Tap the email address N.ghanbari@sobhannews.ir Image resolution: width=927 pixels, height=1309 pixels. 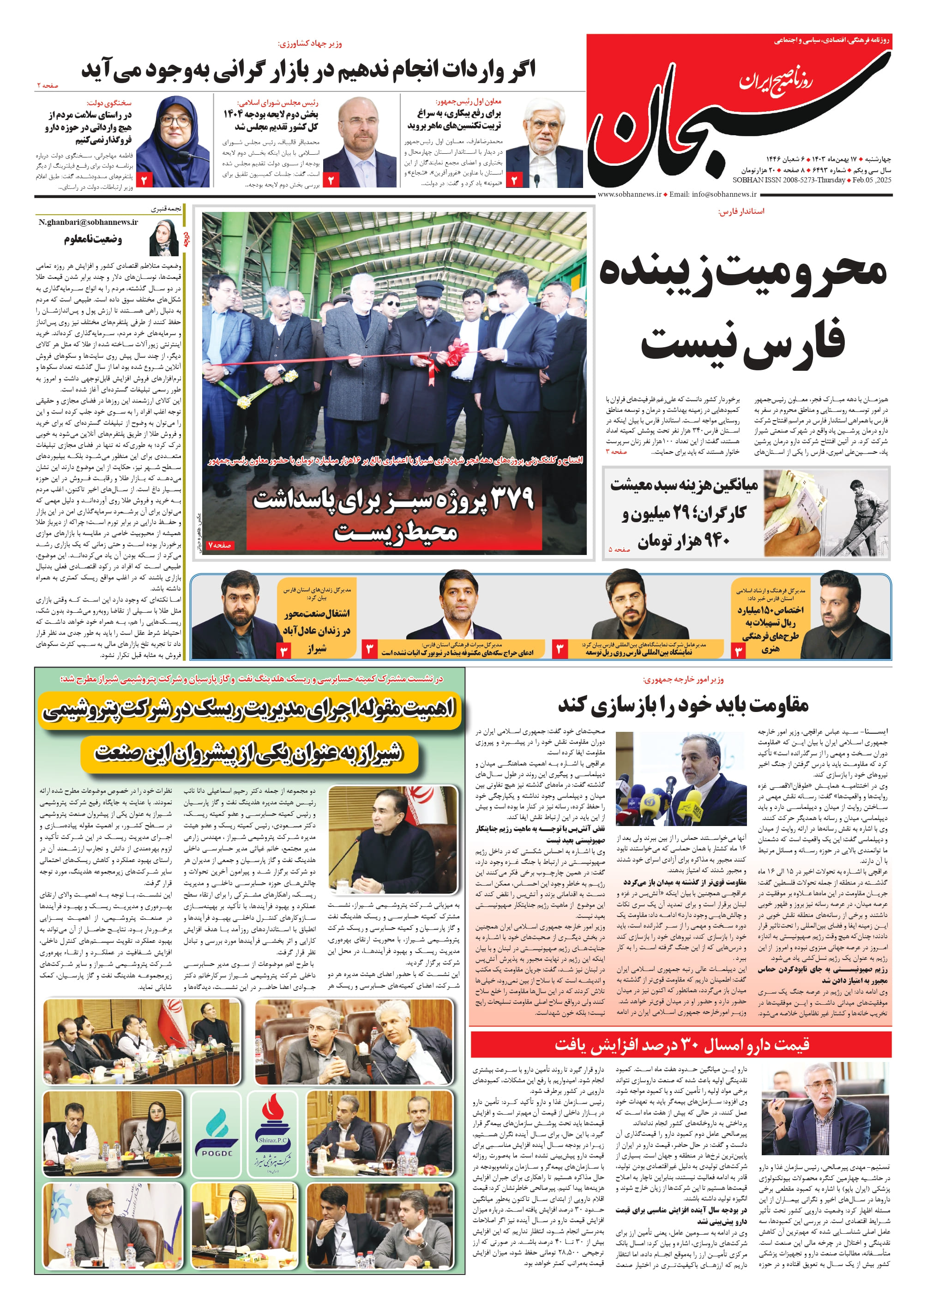coord(89,222)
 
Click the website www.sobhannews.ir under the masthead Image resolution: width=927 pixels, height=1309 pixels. coord(629,194)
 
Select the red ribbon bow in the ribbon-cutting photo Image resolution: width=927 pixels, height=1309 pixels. coord(457,350)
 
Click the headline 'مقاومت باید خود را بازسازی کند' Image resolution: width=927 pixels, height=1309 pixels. coord(683,706)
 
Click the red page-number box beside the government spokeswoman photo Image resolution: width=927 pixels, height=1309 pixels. coord(144,180)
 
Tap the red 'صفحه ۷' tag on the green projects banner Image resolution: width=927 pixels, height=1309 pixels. coord(220,545)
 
